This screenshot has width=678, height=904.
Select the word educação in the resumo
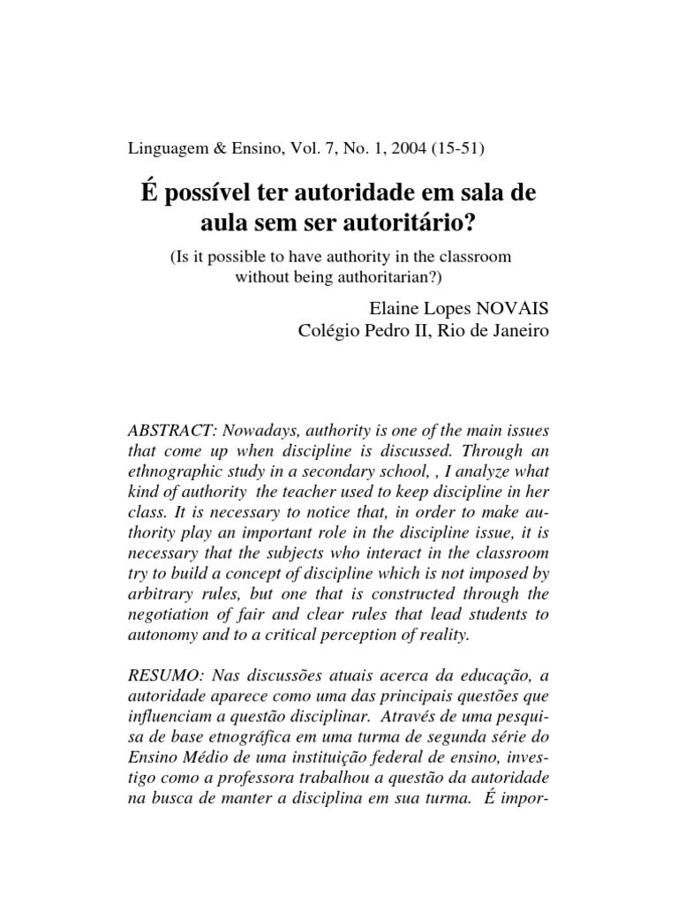click(x=496, y=674)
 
